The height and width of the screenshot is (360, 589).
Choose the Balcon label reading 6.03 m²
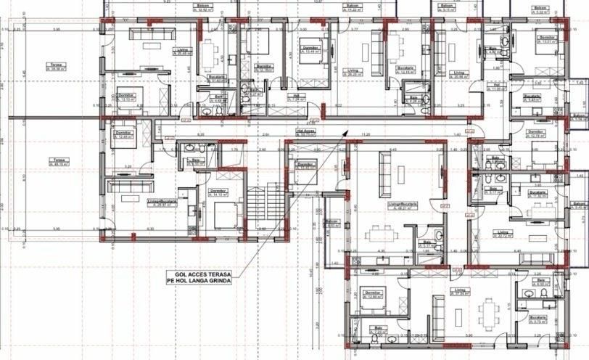(333, 224)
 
